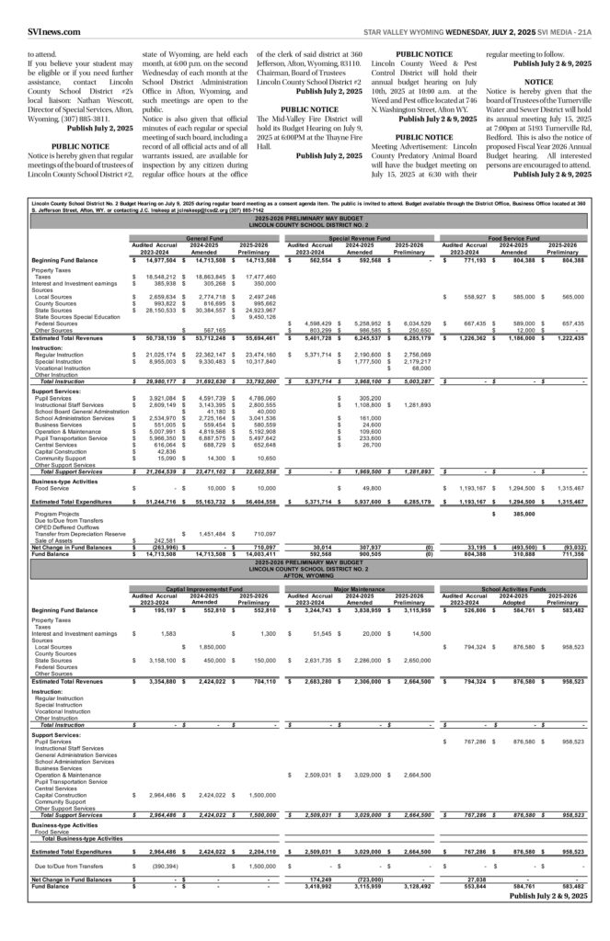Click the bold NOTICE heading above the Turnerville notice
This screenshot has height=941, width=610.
538,82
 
